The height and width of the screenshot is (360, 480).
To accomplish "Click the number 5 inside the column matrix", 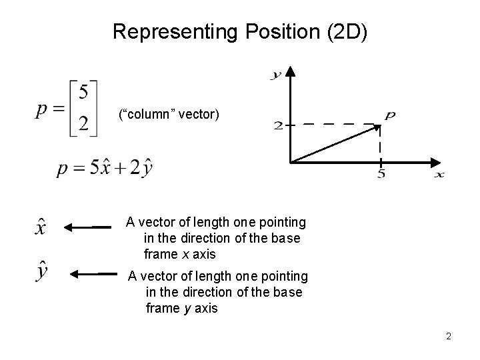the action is [83, 93].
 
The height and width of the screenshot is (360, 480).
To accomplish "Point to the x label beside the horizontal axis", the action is [439, 175].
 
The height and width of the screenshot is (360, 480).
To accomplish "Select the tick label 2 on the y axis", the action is [278, 125].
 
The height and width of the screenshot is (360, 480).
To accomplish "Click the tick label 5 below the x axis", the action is [381, 175].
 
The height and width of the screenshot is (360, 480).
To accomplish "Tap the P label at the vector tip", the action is [389, 115].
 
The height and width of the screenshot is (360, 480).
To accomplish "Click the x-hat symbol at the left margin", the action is [41, 226].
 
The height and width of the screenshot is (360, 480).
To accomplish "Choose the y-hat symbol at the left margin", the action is [41, 273].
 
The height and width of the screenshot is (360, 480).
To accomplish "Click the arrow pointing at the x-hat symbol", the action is [87, 227].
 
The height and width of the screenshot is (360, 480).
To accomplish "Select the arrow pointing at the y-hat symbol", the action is [94, 273].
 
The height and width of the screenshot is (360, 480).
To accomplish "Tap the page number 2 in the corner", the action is [449, 336].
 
